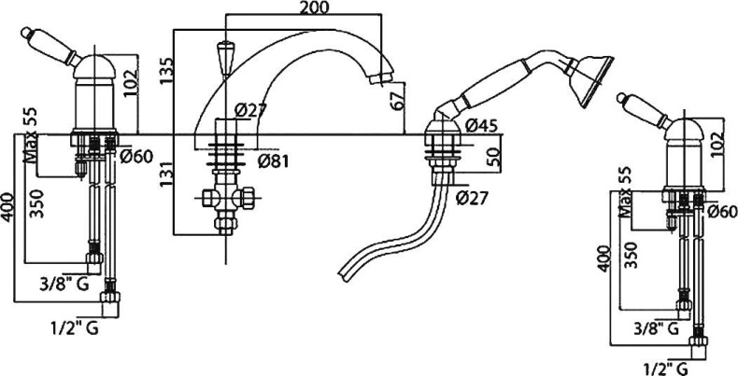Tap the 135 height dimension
coord(166,71)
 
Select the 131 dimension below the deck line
coord(166,173)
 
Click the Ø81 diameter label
coord(273,161)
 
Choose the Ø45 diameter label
coord(480,126)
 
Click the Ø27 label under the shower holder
coord(472,198)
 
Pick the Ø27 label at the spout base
coord(250,110)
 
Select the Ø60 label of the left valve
coord(136,157)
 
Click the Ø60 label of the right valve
coord(721,213)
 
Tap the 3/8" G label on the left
coord(64,284)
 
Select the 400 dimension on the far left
coord(8,206)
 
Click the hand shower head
coord(590,81)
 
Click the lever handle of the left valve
coord(50,46)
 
